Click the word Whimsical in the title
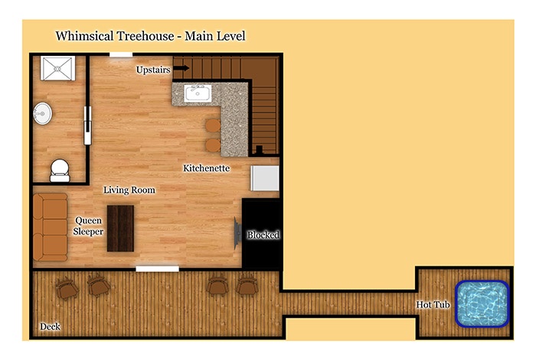(84, 36)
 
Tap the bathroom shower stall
(57, 68)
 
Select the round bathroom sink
(43, 113)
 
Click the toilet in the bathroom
(60, 171)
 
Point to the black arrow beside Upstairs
(181, 68)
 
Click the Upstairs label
(153, 70)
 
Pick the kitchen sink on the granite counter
(198, 93)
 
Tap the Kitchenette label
(207, 169)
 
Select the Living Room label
(129, 190)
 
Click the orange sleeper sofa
(51, 227)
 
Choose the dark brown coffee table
(120, 228)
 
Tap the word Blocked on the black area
(263, 235)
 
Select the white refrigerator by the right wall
(265, 178)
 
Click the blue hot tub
(482, 304)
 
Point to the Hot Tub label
(433, 305)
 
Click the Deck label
(50, 326)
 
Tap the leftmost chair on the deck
(67, 289)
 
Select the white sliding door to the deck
(157, 269)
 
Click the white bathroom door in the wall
(88, 126)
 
